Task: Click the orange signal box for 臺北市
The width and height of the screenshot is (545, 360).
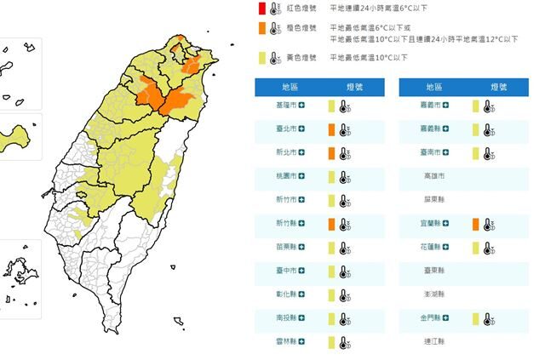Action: click(330, 130)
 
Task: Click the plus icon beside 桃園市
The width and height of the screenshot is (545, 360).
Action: click(302, 177)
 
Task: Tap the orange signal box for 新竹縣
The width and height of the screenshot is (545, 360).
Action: click(330, 225)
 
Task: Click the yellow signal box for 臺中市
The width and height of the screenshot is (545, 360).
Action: click(330, 271)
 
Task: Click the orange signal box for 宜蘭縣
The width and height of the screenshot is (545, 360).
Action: click(476, 225)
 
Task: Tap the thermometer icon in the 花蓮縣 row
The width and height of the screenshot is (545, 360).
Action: click(488, 248)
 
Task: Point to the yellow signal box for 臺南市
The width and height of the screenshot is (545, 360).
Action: click(476, 153)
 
